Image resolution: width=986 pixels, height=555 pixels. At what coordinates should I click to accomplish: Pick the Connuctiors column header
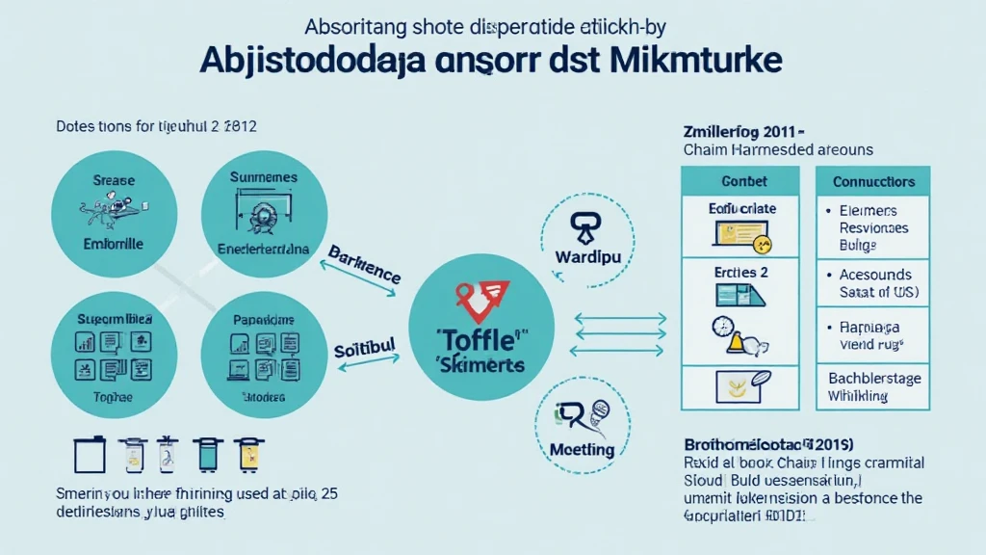(x=872, y=181)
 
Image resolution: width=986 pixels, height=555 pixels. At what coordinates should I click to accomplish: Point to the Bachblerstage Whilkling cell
(x=872, y=387)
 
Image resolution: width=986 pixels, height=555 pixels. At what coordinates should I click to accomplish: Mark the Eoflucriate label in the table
(x=741, y=207)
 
